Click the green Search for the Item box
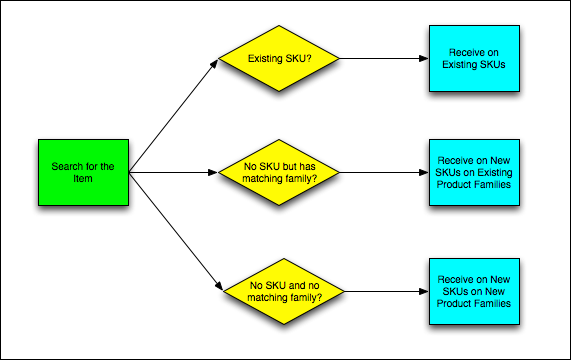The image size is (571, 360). coord(83,173)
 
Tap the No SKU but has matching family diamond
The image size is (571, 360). coord(280,173)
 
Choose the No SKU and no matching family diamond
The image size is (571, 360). coord(280,290)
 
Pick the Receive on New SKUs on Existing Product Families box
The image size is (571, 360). coord(474,173)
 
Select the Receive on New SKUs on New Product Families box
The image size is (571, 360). coord(474,290)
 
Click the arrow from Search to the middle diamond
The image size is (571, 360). coord(175,173)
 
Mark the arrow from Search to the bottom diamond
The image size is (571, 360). coord(175,232)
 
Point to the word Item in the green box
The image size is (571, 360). coord(83,179)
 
